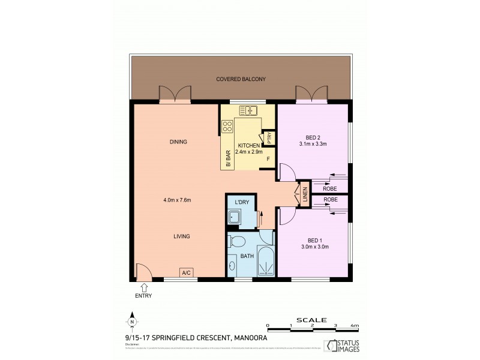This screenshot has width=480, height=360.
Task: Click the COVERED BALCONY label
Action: tap(242, 79)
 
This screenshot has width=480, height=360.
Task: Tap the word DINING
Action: tap(178, 142)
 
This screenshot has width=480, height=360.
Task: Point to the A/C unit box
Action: tap(186, 274)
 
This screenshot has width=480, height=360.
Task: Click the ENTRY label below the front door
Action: tap(143, 295)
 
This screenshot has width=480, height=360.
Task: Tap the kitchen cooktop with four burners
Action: tap(227, 127)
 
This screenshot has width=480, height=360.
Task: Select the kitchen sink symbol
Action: tap(248, 110)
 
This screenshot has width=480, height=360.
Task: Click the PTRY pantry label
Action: tap(269, 138)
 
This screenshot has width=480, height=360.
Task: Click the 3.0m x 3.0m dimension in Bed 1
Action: tap(314, 247)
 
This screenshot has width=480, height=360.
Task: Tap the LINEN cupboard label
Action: tap(305, 194)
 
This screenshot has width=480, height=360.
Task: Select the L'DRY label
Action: tap(242, 202)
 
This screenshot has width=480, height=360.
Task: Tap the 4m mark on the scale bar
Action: tap(355, 325)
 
